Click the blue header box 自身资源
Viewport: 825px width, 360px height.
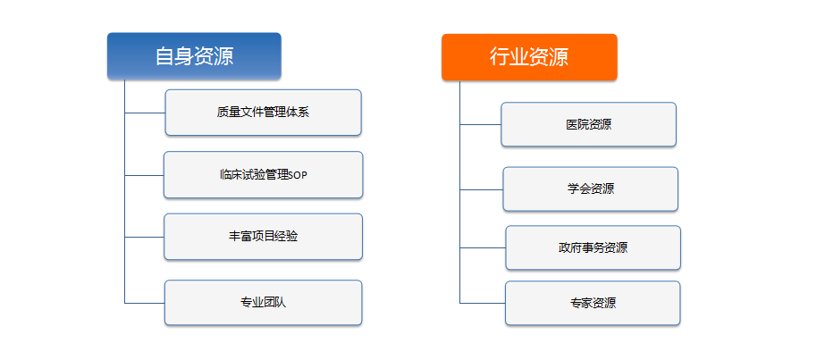pyautogui.click(x=194, y=56)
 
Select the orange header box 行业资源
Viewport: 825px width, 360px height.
pyautogui.click(x=529, y=57)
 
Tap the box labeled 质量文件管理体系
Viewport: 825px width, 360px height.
pyautogui.click(x=263, y=113)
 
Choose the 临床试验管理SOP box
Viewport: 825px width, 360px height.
pyautogui.click(x=263, y=175)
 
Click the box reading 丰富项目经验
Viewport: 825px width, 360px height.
pyautogui.click(x=263, y=237)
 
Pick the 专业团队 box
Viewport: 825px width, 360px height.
pyautogui.click(x=263, y=303)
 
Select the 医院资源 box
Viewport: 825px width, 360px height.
pyautogui.click(x=588, y=124)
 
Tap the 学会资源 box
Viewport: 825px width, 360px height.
pyautogui.click(x=590, y=189)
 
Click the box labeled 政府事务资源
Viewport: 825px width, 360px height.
pyautogui.click(x=593, y=248)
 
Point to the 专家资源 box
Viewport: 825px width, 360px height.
pyautogui.click(x=593, y=303)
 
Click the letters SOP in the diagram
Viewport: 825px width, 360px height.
pyautogui.click(x=299, y=175)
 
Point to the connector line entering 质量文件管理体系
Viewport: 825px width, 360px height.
pyautogui.click(x=145, y=113)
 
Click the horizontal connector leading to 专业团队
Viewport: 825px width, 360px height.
pyautogui.click(x=145, y=303)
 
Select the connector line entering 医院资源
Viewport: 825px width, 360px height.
pyautogui.click(x=480, y=124)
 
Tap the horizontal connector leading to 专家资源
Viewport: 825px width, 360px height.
pyautogui.click(x=483, y=303)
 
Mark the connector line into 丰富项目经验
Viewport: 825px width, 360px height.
pyautogui.click(x=144, y=237)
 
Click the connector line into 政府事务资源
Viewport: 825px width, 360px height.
pyautogui.click(x=483, y=247)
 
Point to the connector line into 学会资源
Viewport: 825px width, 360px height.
pyautogui.click(x=482, y=189)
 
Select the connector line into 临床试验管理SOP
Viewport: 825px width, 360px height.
pyautogui.click(x=144, y=175)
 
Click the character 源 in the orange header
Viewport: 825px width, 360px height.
pyautogui.click(x=559, y=57)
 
